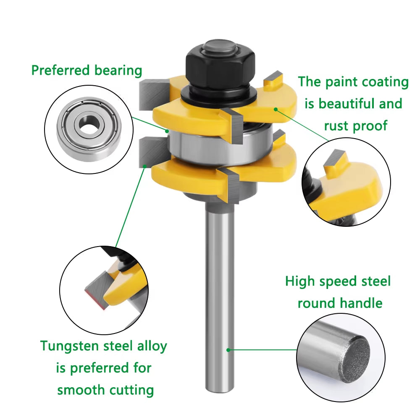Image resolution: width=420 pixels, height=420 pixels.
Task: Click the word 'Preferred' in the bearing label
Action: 61,70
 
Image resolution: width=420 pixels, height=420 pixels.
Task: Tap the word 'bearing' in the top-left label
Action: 118,70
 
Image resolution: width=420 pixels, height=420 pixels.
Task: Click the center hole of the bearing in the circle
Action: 89,122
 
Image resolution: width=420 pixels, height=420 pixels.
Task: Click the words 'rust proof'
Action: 356,125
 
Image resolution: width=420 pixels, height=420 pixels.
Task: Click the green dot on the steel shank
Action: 228,349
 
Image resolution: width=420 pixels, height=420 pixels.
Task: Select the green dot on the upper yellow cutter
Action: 276,109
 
